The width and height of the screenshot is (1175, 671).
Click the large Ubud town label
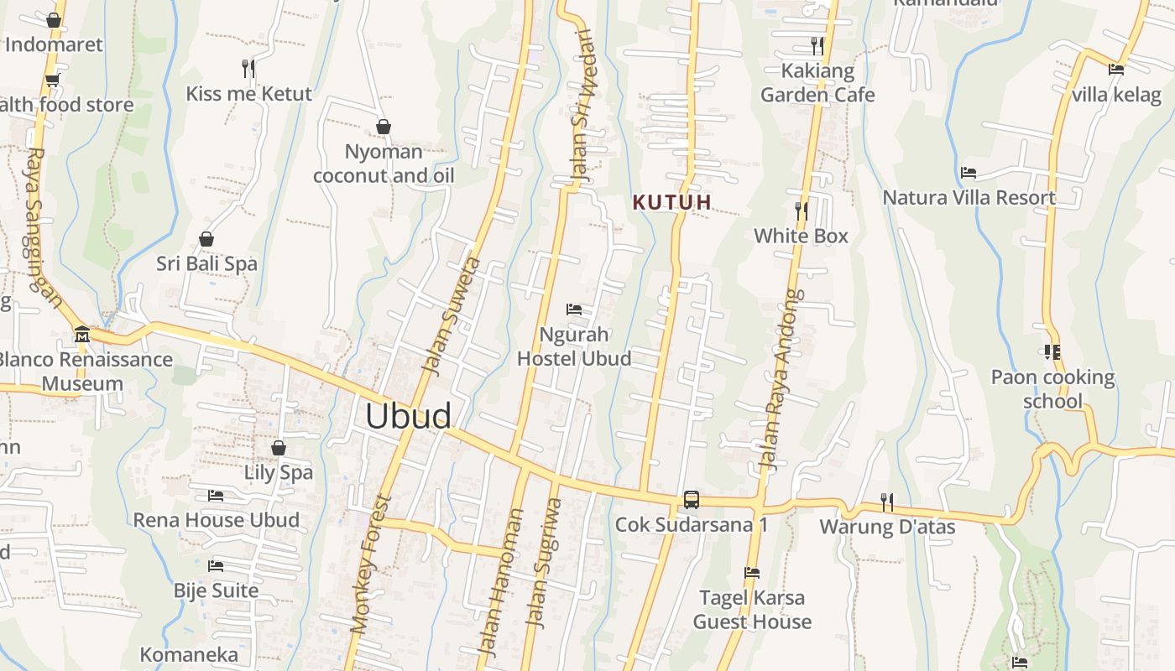click(x=408, y=416)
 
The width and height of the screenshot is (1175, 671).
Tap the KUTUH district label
click(x=672, y=202)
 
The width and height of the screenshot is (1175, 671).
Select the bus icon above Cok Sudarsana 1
click(x=691, y=500)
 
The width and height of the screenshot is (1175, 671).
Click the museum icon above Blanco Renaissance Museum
click(x=82, y=335)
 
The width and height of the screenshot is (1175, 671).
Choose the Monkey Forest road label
click(x=372, y=564)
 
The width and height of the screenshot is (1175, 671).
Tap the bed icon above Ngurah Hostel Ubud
click(x=574, y=309)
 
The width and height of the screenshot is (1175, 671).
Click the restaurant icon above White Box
click(x=802, y=211)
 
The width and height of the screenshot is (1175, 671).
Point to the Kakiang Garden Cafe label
click(x=817, y=82)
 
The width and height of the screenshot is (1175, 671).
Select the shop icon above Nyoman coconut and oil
click(x=384, y=127)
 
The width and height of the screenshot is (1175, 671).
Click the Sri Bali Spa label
click(x=206, y=263)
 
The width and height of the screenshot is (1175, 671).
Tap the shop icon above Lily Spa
click(x=279, y=448)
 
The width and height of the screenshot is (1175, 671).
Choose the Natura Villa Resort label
click(x=969, y=198)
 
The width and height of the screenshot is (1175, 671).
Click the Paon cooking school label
click(x=1052, y=389)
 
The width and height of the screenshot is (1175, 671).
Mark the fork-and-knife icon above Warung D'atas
click(x=887, y=502)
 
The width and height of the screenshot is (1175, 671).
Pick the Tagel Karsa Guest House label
click(x=752, y=610)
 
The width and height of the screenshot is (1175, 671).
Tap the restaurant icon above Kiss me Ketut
click(x=248, y=68)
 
